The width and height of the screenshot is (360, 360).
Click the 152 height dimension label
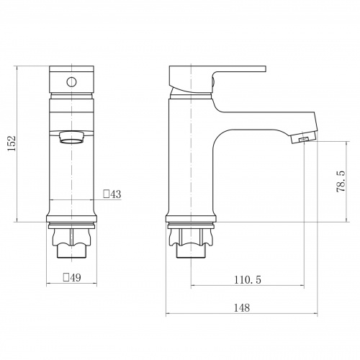coord(12,143)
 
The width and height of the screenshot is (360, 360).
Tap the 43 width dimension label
coord(116,194)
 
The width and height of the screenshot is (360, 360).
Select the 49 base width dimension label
coord(76,278)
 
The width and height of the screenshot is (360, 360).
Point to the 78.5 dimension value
coord(341,181)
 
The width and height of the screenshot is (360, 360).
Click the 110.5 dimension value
coord(248,280)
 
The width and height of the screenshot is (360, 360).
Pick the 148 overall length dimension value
coord(242,307)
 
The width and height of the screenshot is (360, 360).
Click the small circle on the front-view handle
coord(71,82)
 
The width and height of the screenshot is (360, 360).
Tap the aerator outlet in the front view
coord(72,138)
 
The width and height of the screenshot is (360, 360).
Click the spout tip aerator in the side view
coord(304,138)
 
